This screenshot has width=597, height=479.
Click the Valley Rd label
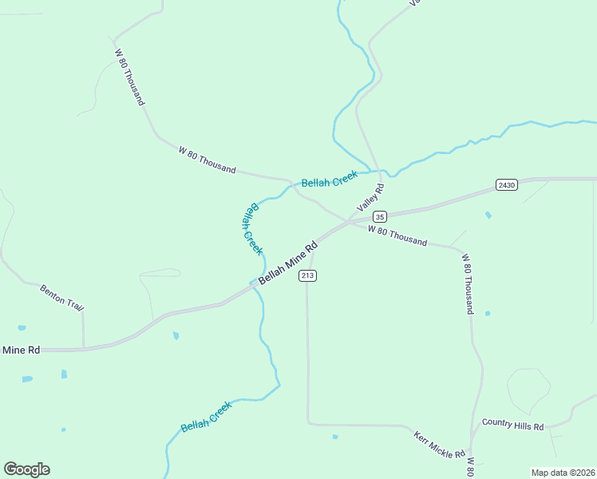click(x=371, y=197)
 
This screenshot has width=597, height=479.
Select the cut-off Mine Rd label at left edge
click(x=21, y=350)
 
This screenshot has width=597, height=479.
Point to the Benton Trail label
click(x=61, y=297)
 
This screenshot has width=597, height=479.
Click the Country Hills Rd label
click(x=512, y=426)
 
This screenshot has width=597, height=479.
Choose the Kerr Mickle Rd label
click(x=439, y=445)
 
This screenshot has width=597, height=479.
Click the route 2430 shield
click(x=506, y=184)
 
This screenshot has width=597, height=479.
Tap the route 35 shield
click(x=380, y=216)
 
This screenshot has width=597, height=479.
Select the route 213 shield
click(x=308, y=275)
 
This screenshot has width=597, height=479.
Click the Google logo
click(x=26, y=469)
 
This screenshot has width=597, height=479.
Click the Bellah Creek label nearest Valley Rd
click(x=329, y=180)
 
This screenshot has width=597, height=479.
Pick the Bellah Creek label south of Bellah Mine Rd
click(x=206, y=416)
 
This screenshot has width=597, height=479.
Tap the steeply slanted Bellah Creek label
click(x=251, y=228)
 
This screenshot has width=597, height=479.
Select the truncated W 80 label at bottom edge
click(x=471, y=466)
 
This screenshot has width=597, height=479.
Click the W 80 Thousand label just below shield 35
click(x=397, y=236)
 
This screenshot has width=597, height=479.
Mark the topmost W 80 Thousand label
click(x=129, y=77)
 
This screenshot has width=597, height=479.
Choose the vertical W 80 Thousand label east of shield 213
click(x=469, y=283)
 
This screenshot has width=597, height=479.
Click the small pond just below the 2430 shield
click(x=488, y=215)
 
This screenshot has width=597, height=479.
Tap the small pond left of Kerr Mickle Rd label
click(x=335, y=437)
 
